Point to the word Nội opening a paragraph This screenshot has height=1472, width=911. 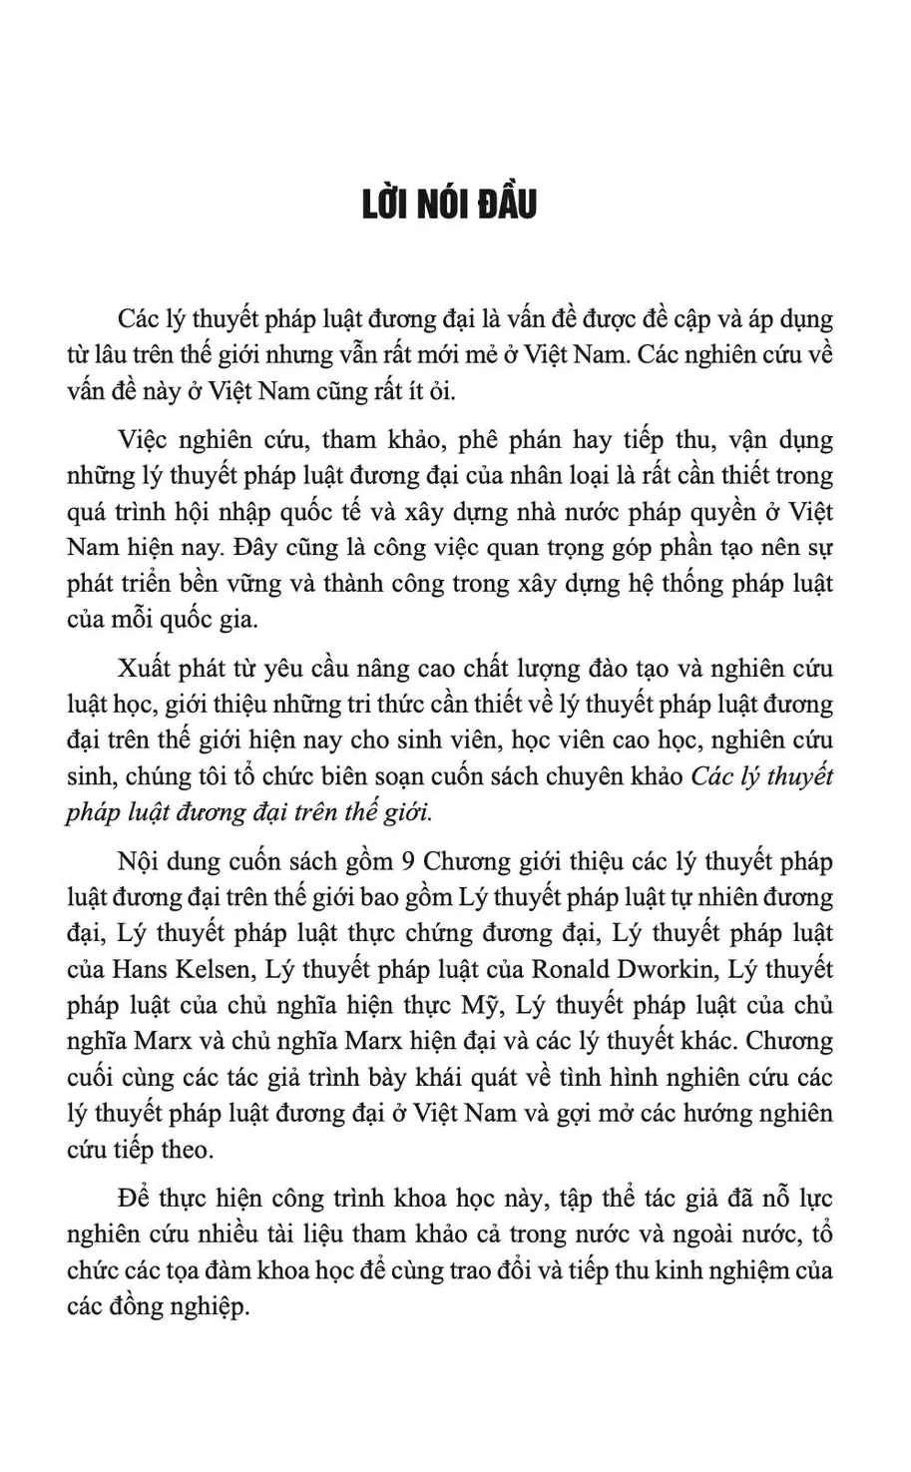[x=139, y=861]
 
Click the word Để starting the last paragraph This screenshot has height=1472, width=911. [x=134, y=1198]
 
